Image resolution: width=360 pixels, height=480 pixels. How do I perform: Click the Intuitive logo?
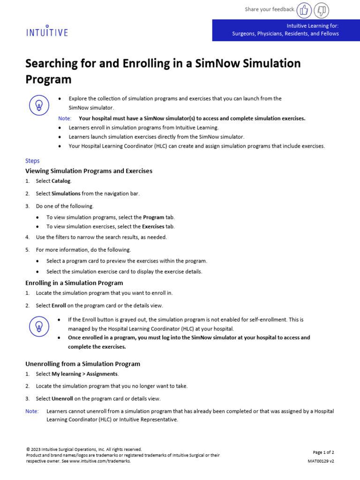[46, 31]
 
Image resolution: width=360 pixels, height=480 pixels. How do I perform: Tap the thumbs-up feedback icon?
[305, 9]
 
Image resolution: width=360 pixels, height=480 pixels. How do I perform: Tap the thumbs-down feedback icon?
[322, 9]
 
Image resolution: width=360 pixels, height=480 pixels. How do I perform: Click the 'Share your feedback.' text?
[270, 9]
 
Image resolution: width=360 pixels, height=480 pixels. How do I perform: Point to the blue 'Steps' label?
[32, 161]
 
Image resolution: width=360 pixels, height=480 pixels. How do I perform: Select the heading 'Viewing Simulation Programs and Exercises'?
[89, 171]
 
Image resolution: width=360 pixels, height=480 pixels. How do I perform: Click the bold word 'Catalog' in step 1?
[61, 181]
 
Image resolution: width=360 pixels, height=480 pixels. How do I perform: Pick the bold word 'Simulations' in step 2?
[66, 194]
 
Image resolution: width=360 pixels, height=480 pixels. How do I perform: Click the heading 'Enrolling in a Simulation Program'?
[74, 283]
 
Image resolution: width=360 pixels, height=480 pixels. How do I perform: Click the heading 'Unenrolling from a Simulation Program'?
[82, 364]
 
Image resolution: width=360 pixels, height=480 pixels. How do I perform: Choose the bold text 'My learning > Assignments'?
[85, 374]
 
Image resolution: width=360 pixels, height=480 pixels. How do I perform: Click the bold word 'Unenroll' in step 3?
[62, 399]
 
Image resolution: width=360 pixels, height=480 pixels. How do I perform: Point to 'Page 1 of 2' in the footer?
[323, 452]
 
